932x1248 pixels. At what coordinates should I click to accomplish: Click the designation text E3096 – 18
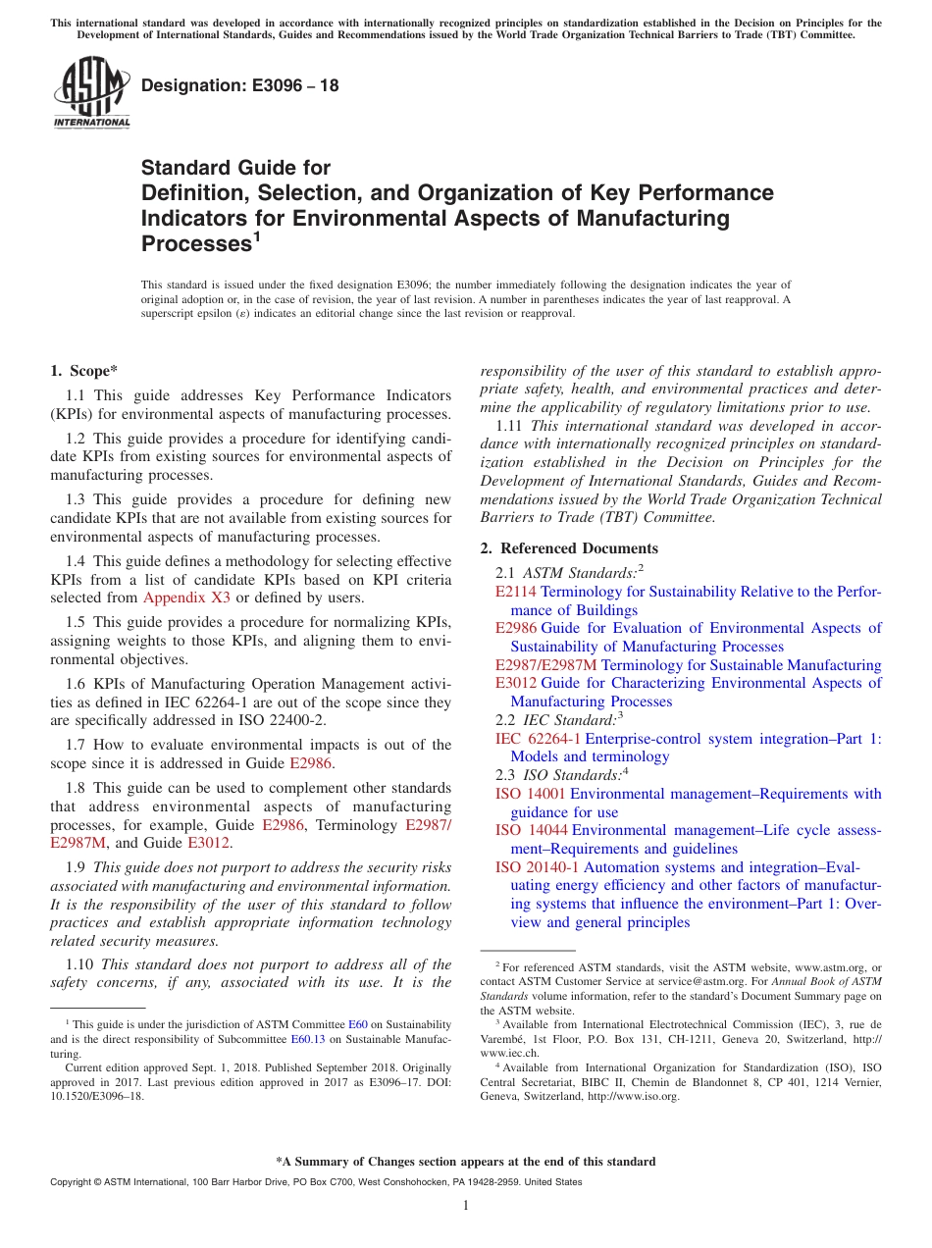[240, 85]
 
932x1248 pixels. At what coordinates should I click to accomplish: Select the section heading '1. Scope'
[83, 371]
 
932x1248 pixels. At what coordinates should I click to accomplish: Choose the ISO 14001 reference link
[530, 794]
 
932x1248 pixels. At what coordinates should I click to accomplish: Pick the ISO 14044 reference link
[531, 830]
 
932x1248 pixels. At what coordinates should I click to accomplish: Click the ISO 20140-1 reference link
[537, 867]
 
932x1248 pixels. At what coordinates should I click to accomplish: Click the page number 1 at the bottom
[466, 1205]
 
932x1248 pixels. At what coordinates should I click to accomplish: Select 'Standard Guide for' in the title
[236, 168]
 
